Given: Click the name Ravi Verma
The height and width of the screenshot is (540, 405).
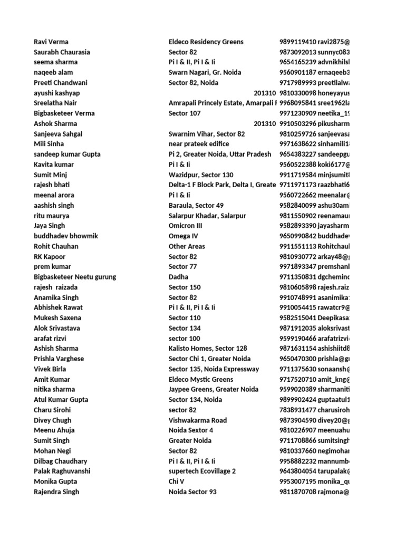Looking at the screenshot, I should coord(51,42).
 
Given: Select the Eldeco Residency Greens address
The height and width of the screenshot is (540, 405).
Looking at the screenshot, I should coord(206,42).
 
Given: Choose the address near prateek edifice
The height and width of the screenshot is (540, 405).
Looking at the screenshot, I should coord(199,144).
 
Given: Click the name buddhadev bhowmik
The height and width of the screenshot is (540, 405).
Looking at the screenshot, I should coord(66,236).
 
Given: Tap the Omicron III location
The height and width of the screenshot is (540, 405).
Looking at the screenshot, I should coord(185,226).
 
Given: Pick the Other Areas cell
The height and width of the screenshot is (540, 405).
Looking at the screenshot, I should coord(187,246).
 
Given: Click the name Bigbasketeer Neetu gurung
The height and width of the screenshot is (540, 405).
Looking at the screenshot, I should coord(75,277).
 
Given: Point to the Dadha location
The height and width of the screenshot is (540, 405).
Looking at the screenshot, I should coord(178,277).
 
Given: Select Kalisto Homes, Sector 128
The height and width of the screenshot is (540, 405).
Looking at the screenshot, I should coord(208,349).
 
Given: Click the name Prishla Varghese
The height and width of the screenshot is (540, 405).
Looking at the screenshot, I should coord(59,359).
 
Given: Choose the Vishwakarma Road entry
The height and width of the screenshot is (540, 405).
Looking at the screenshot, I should coord(198,420).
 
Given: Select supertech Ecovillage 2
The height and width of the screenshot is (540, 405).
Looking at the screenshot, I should coord(202,471).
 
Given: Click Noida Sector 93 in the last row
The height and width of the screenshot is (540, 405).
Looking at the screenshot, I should coord(192,491).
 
